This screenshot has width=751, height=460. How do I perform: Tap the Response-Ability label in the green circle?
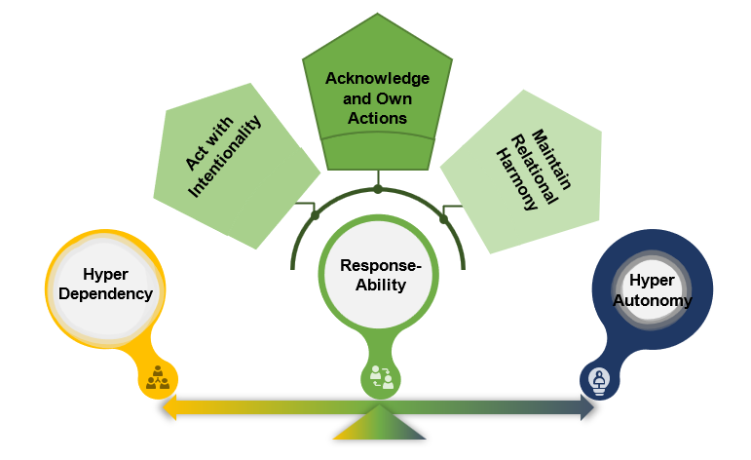379,275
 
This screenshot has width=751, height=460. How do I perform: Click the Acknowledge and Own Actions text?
378,97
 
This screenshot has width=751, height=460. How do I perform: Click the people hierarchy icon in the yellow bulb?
157,377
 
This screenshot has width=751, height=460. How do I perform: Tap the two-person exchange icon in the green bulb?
380,377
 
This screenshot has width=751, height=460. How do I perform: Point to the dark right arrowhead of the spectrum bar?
587,408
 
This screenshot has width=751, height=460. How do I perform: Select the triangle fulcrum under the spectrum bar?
379,425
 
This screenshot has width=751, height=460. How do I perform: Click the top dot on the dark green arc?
378,188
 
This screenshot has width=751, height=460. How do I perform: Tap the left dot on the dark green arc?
314,214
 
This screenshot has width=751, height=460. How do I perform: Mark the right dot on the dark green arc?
443,218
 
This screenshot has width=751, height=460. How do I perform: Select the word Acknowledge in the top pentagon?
378,77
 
